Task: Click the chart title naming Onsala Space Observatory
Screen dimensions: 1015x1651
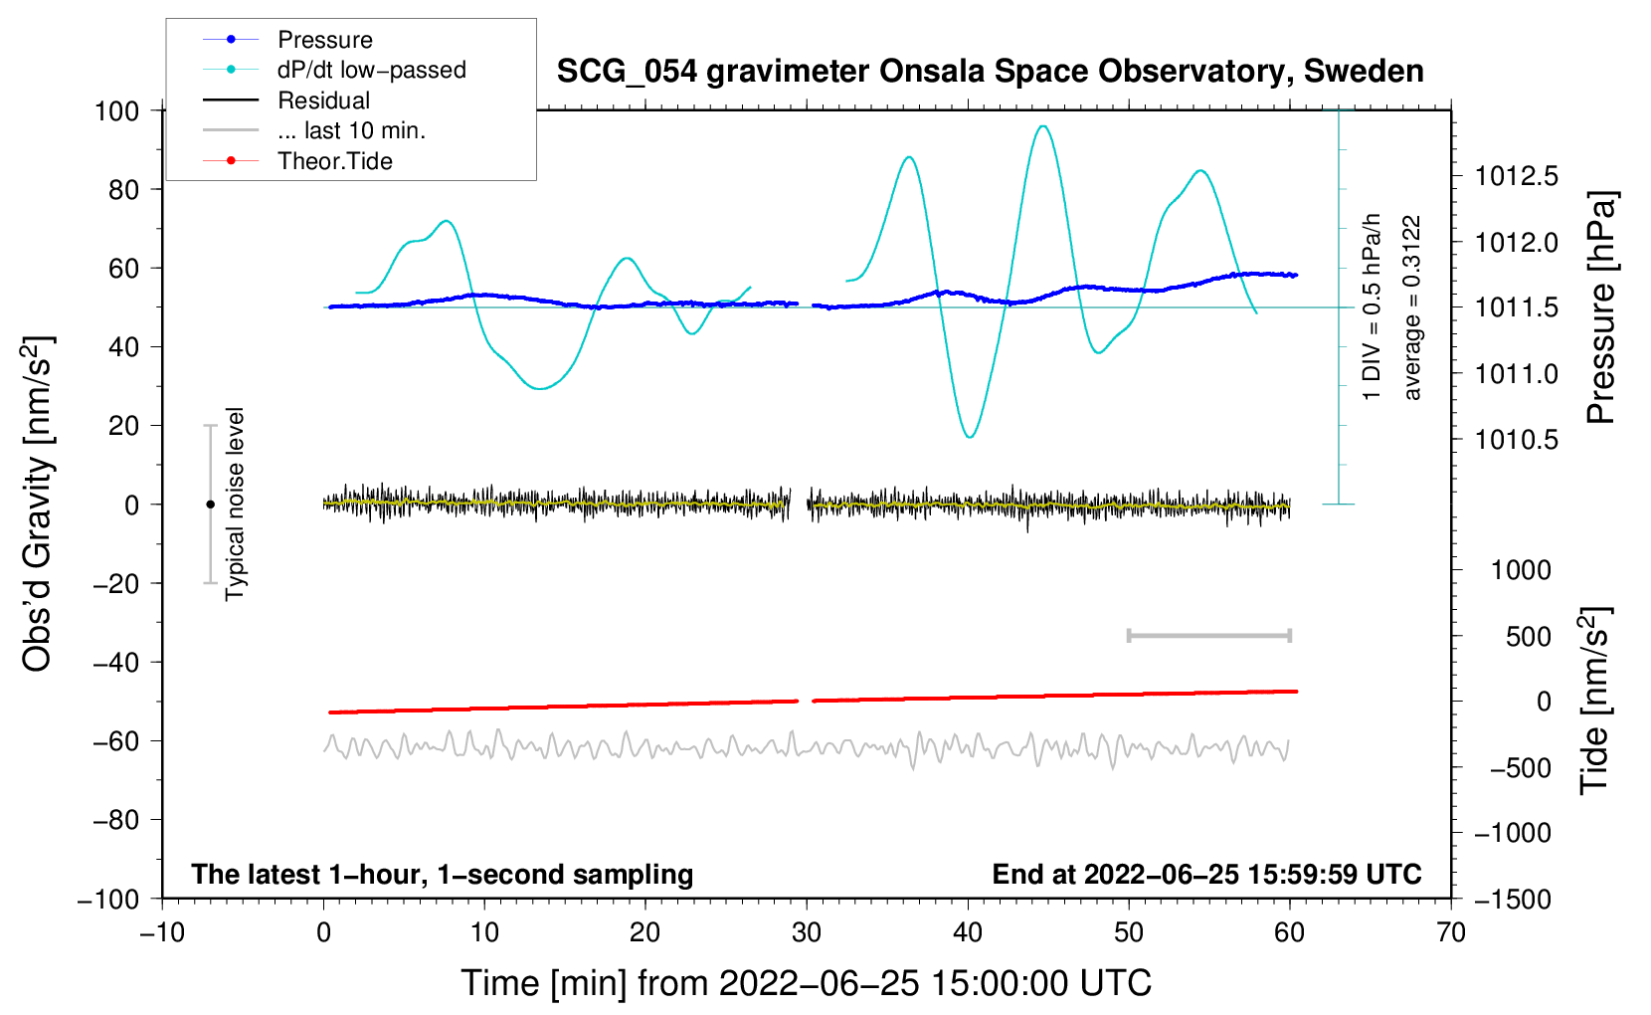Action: click(x=990, y=72)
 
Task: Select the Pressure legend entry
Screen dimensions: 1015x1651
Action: click(x=324, y=40)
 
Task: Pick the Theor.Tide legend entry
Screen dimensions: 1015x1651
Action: click(x=334, y=161)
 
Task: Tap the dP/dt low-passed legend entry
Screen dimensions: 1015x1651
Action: click(x=371, y=70)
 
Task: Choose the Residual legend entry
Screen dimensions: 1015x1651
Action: click(x=323, y=101)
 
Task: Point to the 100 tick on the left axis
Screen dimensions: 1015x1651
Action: click(x=116, y=110)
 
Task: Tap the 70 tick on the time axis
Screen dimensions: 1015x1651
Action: click(x=1451, y=932)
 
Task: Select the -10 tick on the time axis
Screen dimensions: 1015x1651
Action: click(x=162, y=932)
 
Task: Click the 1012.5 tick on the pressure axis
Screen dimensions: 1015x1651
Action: click(x=1516, y=177)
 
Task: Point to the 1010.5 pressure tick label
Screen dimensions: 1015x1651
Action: click(x=1516, y=440)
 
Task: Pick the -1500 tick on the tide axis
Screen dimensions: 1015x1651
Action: click(x=1512, y=900)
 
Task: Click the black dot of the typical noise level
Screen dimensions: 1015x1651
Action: click(x=210, y=505)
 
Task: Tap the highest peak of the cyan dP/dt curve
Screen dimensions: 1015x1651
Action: click(x=1042, y=126)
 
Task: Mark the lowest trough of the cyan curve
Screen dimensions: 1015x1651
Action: click(x=970, y=437)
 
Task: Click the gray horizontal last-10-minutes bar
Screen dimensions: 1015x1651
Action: click(x=1208, y=636)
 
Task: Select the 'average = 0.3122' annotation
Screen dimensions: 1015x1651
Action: click(x=1412, y=308)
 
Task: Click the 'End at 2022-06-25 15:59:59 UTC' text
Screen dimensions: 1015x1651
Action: click(x=1206, y=875)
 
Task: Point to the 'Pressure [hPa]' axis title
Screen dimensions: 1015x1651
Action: click(x=1600, y=308)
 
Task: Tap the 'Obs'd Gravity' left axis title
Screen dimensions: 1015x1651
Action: click(x=38, y=505)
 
